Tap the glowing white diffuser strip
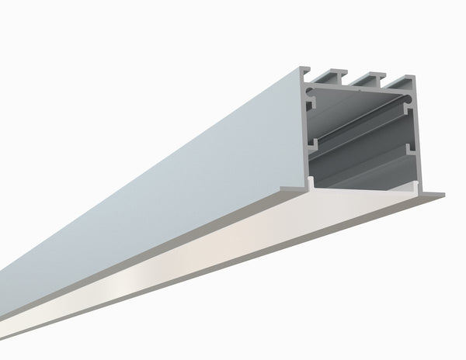[x=233, y=248]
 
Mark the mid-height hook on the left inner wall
[x=313, y=144]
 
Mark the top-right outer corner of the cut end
[x=414, y=78]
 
